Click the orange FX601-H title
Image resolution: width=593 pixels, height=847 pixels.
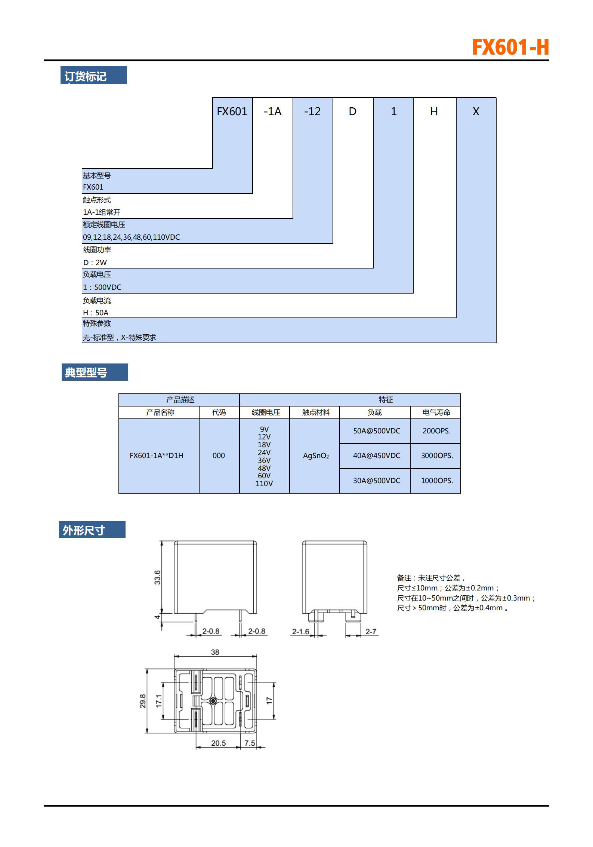tap(510, 47)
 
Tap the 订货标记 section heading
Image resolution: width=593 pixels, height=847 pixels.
tap(86, 76)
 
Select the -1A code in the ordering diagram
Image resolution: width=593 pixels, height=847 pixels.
tap(272, 111)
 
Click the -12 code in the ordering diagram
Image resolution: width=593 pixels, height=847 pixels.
tap(312, 111)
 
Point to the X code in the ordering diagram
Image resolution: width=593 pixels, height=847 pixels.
tap(476, 111)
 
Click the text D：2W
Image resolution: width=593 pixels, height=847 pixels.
tap(95, 263)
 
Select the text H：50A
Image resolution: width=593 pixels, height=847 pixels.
tap(96, 313)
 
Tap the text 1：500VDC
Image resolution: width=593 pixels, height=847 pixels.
tap(102, 287)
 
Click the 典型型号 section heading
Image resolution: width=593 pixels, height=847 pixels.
tap(86, 372)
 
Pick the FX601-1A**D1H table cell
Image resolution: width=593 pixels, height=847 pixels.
tap(157, 455)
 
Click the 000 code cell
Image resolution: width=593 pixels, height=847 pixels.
tap(219, 455)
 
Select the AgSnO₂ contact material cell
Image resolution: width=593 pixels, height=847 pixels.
tap(316, 455)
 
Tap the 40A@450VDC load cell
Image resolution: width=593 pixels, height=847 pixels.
tap(377, 455)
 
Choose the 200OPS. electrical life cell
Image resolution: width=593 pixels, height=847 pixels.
tap(436, 431)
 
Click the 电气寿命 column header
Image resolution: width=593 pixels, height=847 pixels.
tap(436, 412)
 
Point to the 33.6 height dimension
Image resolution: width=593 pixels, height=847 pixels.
tap(157, 577)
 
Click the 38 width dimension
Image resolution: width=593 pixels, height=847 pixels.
tap(215, 652)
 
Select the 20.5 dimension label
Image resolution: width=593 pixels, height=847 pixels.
tap(218, 743)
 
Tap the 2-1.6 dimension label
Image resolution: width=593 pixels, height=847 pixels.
tap(300, 631)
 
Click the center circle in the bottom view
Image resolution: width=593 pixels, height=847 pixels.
tap(213, 701)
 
